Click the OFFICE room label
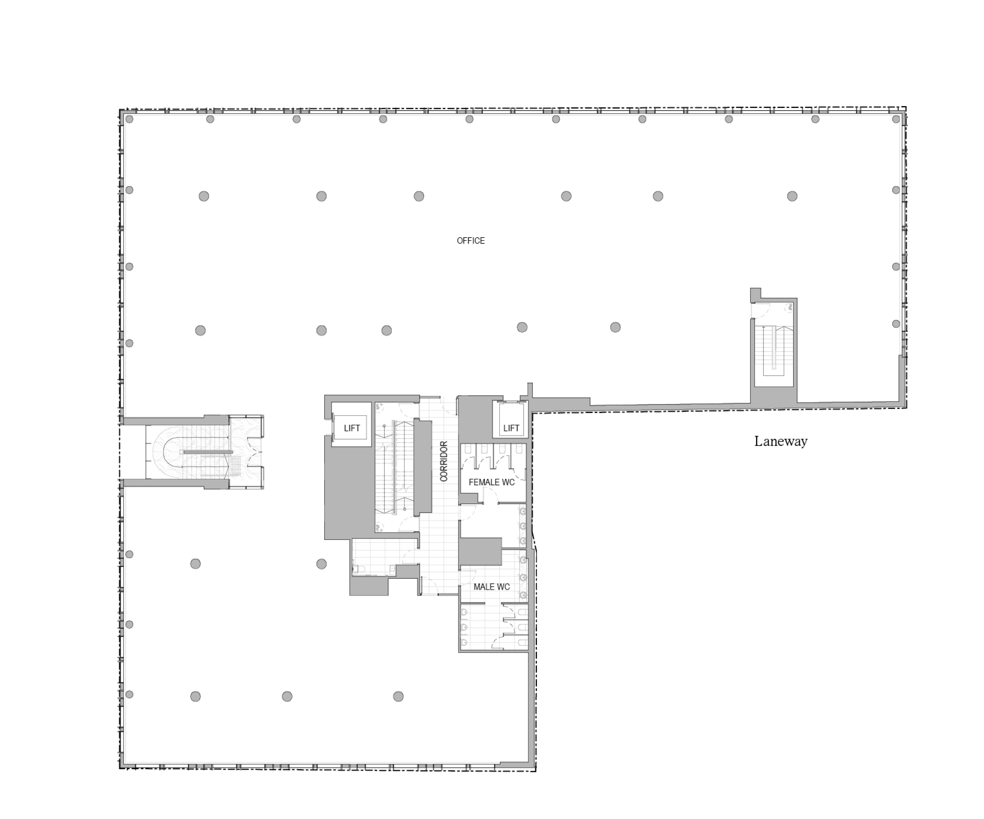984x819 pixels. (471, 241)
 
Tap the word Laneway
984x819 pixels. (781, 441)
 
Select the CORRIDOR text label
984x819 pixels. (444, 461)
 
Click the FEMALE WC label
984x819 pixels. (492, 482)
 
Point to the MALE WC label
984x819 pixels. (492, 587)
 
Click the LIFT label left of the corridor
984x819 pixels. (352, 428)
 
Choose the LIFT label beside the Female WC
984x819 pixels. (511, 428)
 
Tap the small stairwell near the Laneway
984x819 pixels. (773, 349)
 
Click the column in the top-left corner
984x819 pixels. (129, 119)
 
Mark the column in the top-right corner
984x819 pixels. (896, 119)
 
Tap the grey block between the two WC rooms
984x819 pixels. (480, 552)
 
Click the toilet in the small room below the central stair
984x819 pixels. (358, 569)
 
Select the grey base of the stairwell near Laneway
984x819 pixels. (773, 397)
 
